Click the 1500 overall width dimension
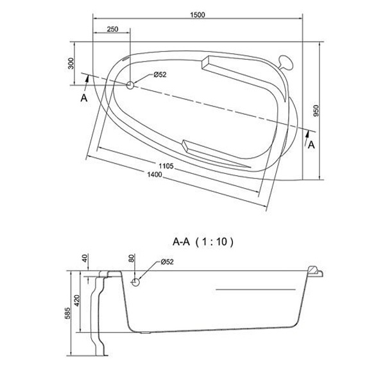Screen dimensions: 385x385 click(x=198, y=15)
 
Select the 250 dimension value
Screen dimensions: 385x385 click(x=112, y=30)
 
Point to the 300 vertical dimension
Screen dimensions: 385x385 click(x=71, y=64)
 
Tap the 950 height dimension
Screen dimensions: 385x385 click(x=316, y=111)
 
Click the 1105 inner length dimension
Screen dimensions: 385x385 click(x=166, y=166)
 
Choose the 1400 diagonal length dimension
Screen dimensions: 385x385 click(x=155, y=175)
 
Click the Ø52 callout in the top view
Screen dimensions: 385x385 click(x=160, y=74)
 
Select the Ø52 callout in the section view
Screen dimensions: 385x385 click(x=167, y=262)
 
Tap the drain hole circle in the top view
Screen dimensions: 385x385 click(x=130, y=85)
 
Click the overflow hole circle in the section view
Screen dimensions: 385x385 click(x=135, y=282)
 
